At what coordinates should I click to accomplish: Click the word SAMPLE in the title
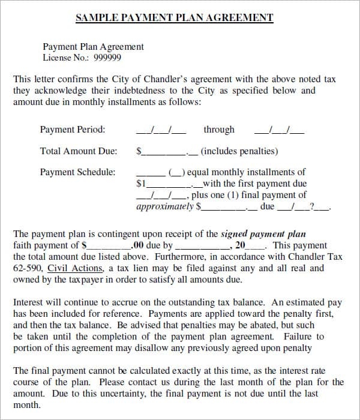98,17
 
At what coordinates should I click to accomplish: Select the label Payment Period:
72,130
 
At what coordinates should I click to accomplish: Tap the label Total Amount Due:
78,152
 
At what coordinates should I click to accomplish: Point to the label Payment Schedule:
77,172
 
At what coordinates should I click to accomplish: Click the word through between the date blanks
219,130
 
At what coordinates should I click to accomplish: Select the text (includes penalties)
239,152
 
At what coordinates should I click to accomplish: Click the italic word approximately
165,206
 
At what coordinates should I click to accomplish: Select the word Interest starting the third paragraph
28,303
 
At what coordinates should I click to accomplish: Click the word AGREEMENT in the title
240,17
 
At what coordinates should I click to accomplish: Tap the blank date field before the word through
161,130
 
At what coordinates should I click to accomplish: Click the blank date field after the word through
279,130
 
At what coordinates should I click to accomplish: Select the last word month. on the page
27,405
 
